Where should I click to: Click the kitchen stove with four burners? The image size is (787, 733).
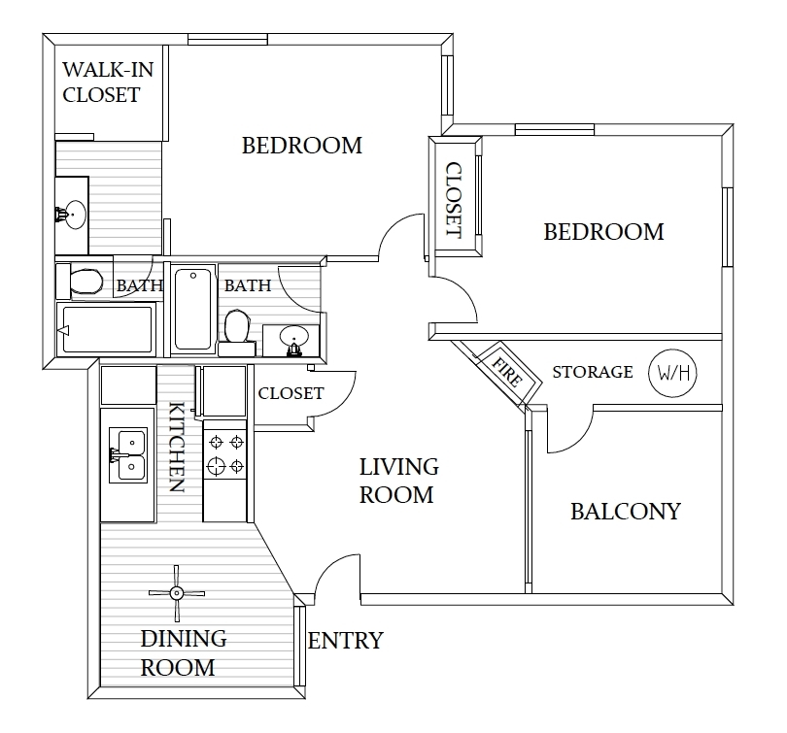225,454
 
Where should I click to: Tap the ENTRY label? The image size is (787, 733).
345,641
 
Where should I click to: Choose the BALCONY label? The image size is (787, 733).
625,512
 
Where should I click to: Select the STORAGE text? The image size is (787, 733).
593,372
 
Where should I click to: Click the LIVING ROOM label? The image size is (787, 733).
398,481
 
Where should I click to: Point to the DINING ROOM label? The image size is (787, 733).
183,652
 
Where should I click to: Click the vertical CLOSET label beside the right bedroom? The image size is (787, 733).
454,200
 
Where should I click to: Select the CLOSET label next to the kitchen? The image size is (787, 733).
291,393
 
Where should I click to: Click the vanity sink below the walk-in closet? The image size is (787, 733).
71,214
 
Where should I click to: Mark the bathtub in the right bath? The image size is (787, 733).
193,309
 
